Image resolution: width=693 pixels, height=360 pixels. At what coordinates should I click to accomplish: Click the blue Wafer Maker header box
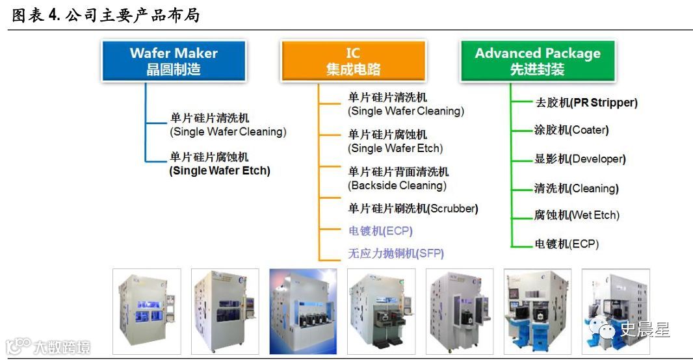pyautogui.click(x=173, y=61)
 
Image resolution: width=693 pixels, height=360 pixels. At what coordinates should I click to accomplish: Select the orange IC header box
pyautogui.click(x=353, y=61)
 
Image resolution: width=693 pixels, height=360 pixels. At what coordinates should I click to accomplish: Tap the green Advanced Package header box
pyautogui.click(x=537, y=61)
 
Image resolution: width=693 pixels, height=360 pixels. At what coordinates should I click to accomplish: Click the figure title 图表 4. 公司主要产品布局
pyautogui.click(x=106, y=15)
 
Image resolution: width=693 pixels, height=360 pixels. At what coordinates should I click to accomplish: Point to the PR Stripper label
pyautogui.click(x=585, y=103)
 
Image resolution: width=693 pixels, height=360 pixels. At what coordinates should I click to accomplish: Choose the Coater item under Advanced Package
pyautogui.click(x=571, y=130)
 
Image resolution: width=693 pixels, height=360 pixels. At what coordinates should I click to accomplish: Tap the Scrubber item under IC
pyautogui.click(x=413, y=209)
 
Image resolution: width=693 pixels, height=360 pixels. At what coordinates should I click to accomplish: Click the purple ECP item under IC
pyautogui.click(x=380, y=231)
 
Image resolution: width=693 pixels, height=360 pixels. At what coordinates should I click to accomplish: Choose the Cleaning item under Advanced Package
pyautogui.click(x=575, y=189)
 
